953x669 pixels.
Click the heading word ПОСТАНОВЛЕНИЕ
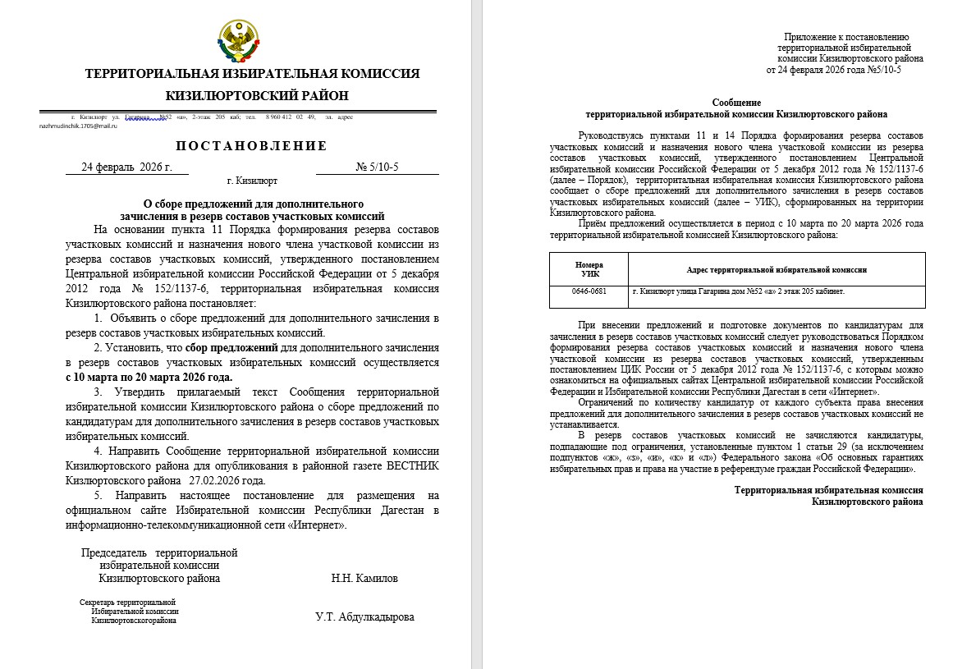[x=251, y=146]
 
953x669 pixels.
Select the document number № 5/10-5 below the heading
[x=377, y=167]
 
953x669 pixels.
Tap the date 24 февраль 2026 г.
[x=126, y=167]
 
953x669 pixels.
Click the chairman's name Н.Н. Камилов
[x=364, y=578]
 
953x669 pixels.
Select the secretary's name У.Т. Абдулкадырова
[x=364, y=617]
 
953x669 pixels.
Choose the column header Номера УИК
[x=589, y=269]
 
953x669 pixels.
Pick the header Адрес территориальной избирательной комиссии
[x=777, y=269]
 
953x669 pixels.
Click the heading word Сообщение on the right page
[x=735, y=102]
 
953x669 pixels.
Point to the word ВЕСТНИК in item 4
[x=408, y=466]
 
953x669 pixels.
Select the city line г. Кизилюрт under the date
[x=252, y=181]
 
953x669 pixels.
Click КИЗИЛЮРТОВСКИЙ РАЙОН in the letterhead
[x=251, y=96]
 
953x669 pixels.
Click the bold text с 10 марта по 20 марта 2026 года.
[x=149, y=378]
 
